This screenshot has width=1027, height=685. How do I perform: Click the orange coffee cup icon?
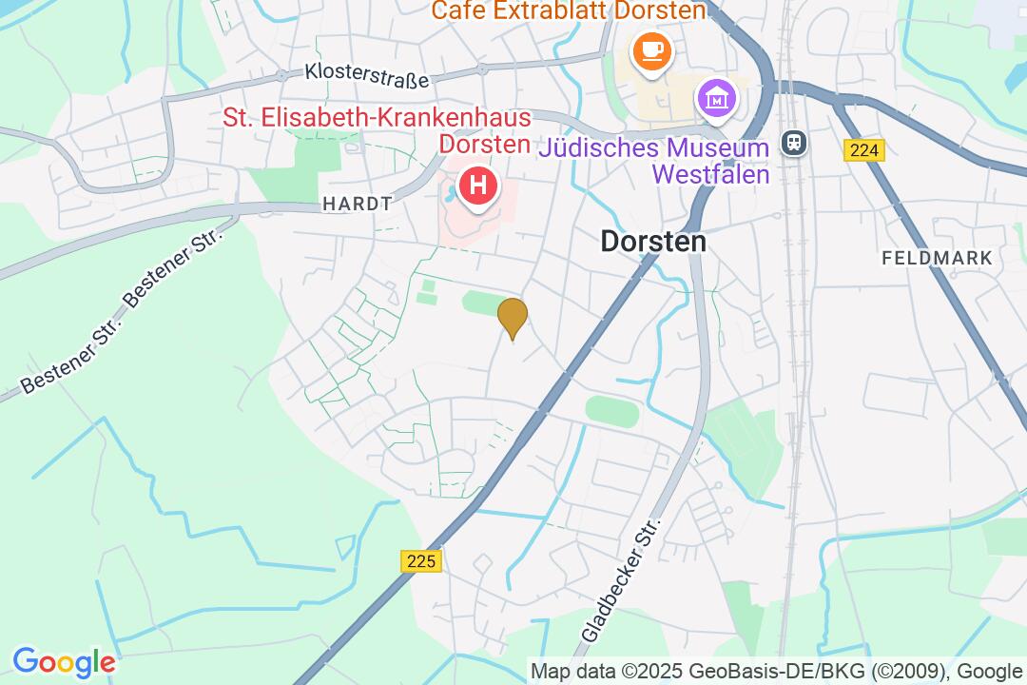[652, 50]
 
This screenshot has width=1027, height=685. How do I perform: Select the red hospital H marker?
[477, 185]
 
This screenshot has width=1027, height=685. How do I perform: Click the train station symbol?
[793, 143]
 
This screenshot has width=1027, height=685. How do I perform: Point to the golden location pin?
[513, 318]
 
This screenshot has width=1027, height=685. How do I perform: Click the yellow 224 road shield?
[863, 149]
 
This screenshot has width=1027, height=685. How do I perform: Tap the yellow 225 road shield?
[420, 561]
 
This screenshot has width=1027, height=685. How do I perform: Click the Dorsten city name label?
[653, 242]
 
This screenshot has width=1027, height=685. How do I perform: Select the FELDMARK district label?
[937, 258]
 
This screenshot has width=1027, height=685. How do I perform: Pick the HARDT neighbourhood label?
[358, 204]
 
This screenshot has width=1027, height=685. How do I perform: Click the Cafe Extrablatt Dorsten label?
[569, 11]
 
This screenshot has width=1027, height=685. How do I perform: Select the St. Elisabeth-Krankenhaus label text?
[377, 130]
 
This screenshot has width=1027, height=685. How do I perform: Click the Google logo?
[64, 662]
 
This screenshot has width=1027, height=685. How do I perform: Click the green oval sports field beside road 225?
[611, 411]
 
